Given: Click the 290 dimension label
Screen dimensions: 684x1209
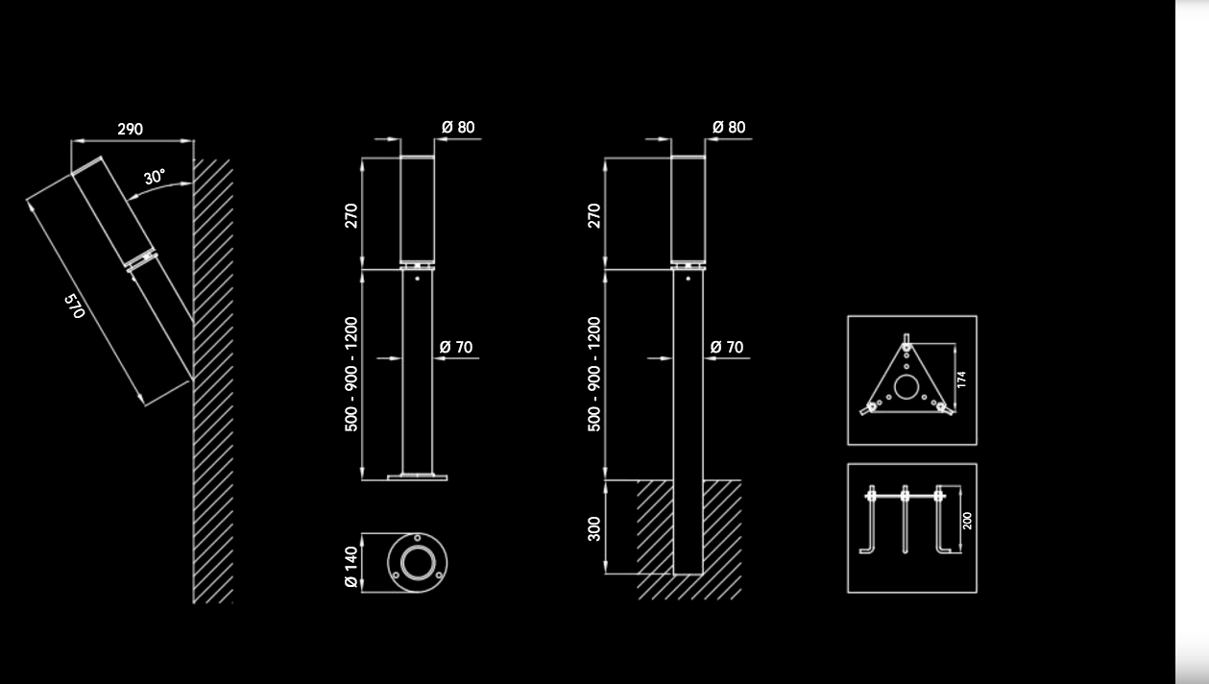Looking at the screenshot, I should tap(131, 129).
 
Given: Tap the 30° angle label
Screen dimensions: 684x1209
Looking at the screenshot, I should tap(155, 178).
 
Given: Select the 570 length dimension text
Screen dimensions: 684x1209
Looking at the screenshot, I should tap(75, 306).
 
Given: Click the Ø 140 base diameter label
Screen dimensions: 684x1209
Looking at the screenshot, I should tap(351, 567).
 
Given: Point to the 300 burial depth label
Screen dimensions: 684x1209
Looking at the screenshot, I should tap(594, 528).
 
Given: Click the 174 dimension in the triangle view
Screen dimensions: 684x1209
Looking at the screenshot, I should tap(961, 379).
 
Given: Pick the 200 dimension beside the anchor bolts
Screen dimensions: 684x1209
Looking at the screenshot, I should tap(967, 521).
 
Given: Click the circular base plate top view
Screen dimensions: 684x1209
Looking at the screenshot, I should tap(417, 563).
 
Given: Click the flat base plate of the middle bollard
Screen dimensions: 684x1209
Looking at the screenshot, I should tap(417, 476).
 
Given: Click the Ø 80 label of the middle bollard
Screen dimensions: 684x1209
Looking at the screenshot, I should tap(458, 127).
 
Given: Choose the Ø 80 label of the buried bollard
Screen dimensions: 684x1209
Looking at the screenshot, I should tap(729, 127).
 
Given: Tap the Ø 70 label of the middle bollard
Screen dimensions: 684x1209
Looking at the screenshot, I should tap(456, 347).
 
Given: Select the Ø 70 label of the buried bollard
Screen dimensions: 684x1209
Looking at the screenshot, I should tap(727, 347).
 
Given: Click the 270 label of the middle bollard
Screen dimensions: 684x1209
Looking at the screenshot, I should tap(351, 215).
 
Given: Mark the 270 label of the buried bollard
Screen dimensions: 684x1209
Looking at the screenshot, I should tap(594, 215).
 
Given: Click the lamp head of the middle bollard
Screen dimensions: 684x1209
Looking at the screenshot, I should tap(417, 209).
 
